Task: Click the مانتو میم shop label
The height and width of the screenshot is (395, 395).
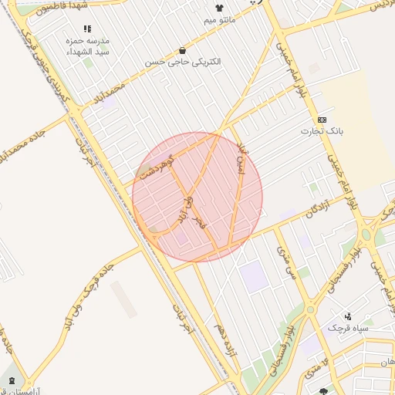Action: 220,19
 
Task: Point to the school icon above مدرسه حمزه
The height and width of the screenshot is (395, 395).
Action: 86,28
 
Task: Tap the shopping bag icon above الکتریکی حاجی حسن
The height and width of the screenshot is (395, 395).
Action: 182,49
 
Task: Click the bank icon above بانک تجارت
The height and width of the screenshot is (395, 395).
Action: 322,120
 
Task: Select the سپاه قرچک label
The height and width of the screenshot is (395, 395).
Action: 349,328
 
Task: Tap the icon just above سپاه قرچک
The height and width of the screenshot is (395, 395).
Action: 348,316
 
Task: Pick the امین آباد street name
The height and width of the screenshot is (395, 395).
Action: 240,158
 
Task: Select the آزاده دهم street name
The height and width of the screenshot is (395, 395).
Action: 229,339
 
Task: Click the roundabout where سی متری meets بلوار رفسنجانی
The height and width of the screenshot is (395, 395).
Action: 310,309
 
